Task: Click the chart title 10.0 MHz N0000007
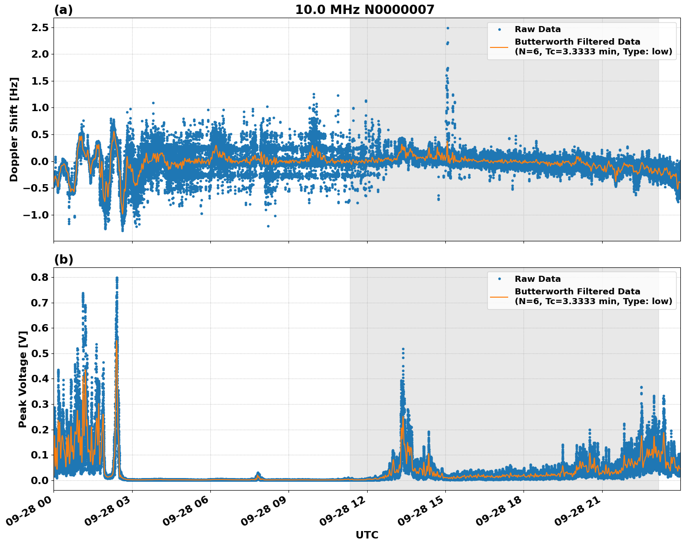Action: (x=364, y=10)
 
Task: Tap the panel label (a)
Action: (x=63, y=10)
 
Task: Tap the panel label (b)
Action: (x=63, y=260)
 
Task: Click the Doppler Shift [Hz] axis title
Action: (x=14, y=129)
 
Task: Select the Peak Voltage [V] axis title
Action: (x=22, y=379)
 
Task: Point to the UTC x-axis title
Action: (x=367, y=535)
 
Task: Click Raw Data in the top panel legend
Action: (x=537, y=29)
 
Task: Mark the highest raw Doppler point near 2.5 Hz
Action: (x=448, y=28)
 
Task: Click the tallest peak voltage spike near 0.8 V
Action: (x=117, y=278)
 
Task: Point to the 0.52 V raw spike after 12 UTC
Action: (x=403, y=349)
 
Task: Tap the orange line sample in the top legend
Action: (x=499, y=47)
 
